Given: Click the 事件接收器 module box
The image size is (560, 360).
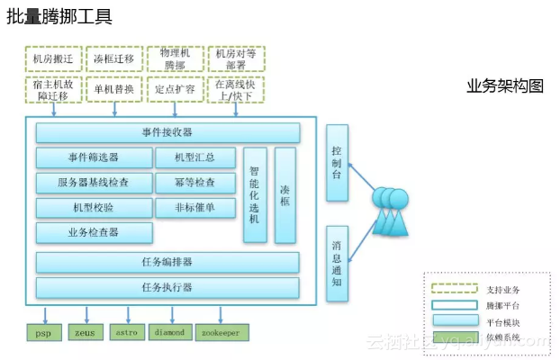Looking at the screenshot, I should [167, 133].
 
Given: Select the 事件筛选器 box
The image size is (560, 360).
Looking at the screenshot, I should [94, 157].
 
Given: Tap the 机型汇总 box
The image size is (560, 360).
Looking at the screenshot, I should [197, 157].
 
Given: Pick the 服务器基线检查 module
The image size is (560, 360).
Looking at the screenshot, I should [94, 183].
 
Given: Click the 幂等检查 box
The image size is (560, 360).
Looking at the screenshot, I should [197, 183].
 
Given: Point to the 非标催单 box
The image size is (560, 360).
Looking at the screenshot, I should [197, 208].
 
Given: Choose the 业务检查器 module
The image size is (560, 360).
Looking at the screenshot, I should [94, 232].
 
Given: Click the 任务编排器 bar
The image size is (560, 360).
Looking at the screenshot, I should [167, 262].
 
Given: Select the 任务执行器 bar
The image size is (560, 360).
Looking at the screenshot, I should [167, 288].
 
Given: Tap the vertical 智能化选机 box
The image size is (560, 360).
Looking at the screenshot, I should [255, 194].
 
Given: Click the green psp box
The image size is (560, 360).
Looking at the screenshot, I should [43, 332].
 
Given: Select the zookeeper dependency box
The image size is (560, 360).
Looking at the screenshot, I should [221, 332].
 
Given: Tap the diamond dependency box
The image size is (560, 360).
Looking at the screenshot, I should [170, 332].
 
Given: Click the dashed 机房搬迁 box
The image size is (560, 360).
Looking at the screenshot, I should [52, 59].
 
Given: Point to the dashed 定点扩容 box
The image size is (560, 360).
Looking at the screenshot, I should [175, 89].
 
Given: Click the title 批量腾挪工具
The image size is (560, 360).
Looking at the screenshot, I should [59, 15].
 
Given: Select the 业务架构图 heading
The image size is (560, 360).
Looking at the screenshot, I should [505, 85].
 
